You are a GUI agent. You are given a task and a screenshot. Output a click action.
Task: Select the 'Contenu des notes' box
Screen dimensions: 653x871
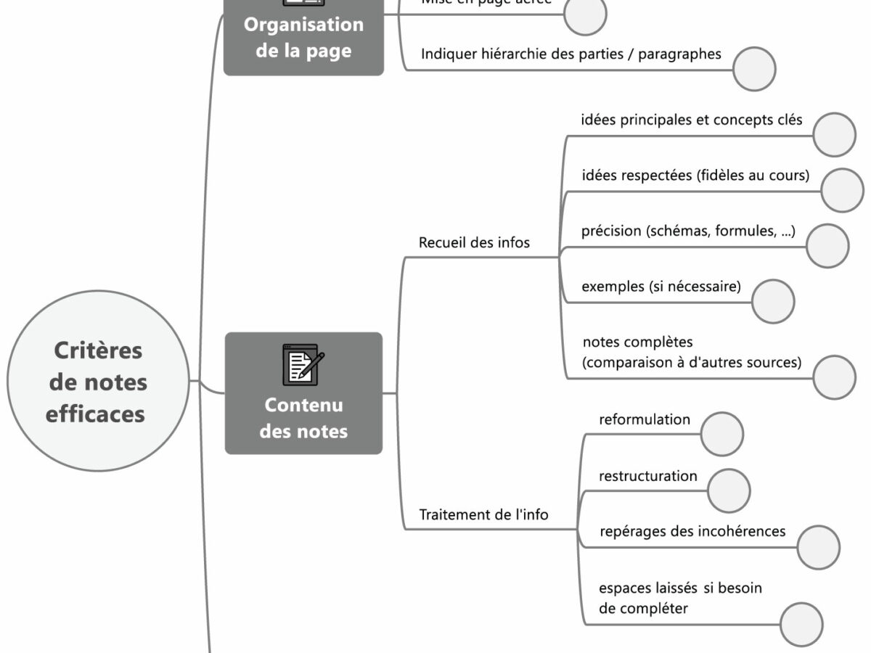(303, 393)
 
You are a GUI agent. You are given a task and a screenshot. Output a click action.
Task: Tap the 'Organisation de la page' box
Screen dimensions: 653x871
(303, 38)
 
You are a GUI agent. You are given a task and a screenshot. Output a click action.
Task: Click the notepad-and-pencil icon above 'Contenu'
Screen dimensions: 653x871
(303, 364)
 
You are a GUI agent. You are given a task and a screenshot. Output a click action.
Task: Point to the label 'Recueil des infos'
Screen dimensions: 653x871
(474, 243)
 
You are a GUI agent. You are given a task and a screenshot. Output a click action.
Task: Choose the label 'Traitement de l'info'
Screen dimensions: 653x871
(484, 515)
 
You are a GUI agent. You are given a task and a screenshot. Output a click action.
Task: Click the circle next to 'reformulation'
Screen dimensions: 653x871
(722, 434)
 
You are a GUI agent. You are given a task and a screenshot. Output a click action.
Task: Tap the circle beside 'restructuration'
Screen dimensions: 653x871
(729, 490)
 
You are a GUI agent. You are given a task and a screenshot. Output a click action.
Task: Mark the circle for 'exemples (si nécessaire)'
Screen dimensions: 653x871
(773, 301)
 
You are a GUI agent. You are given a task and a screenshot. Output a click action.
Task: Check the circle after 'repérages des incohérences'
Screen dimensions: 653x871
(818, 547)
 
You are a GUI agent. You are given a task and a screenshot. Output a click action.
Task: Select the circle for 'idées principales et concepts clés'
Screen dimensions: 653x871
(835, 134)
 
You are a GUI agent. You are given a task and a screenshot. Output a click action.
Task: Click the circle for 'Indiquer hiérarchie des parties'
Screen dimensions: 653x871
(754, 70)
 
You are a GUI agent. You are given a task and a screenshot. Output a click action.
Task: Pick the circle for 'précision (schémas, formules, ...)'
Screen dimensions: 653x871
(827, 246)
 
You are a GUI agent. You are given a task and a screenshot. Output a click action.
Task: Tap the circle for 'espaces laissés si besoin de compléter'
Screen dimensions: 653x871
(801, 624)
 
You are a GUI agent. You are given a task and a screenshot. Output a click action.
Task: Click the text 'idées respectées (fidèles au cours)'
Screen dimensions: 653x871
(695, 176)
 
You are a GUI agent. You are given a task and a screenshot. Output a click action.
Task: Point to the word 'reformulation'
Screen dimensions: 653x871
(644, 419)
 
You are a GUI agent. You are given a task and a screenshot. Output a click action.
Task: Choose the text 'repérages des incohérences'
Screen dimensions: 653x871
(692, 531)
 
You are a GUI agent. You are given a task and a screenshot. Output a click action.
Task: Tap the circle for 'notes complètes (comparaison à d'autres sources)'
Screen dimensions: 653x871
(835, 377)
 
